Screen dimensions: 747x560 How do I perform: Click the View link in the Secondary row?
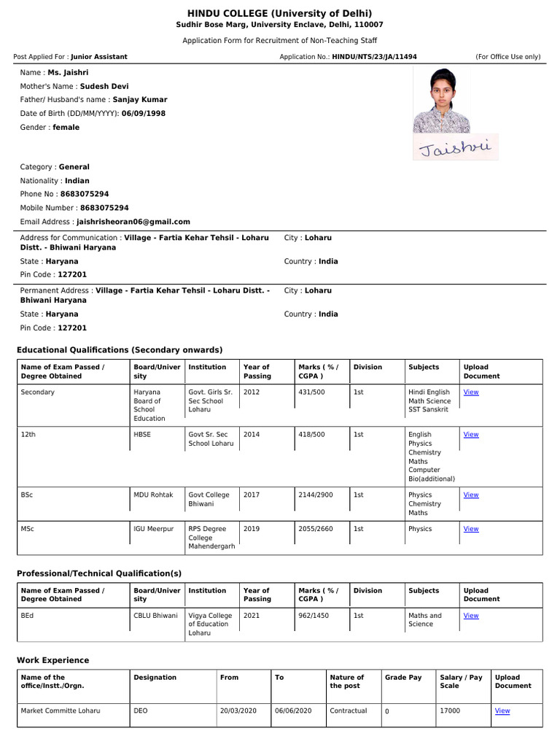pyautogui.click(x=471, y=392)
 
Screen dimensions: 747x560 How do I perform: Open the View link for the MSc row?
pyautogui.click(x=471, y=529)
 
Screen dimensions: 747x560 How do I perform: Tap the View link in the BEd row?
pyautogui.click(x=471, y=616)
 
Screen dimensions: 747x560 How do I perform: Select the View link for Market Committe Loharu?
pyautogui.click(x=502, y=711)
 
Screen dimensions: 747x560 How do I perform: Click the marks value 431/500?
pyautogui.click(x=312, y=392)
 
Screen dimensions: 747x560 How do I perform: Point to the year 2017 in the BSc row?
pyautogui.click(x=252, y=495)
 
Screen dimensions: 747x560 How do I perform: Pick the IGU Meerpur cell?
pyautogui.click(x=153, y=529)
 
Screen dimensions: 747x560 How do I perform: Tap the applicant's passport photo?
pyautogui.click(x=446, y=101)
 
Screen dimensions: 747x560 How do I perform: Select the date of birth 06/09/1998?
pyautogui.click(x=144, y=114)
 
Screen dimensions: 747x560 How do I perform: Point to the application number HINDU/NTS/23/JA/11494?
pyautogui.click(x=375, y=57)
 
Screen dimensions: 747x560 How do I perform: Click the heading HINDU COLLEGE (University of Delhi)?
pyautogui.click(x=280, y=13)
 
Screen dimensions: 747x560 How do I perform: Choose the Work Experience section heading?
pyautogui.click(x=53, y=660)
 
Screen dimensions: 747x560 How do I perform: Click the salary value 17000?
pyautogui.click(x=450, y=711)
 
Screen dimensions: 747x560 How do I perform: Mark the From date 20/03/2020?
pyautogui.click(x=238, y=711)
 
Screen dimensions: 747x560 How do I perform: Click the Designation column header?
pyautogui.click(x=155, y=678)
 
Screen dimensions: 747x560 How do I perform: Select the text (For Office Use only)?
pyautogui.click(x=508, y=57)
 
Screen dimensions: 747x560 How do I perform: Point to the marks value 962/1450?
pyautogui.click(x=314, y=616)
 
